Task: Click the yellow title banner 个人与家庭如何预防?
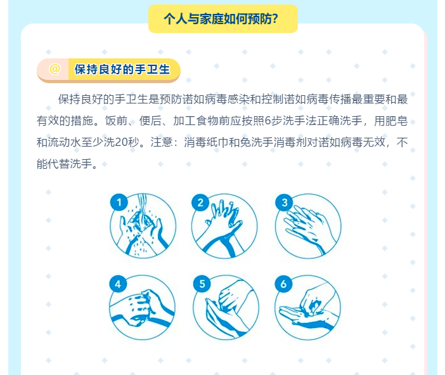223,19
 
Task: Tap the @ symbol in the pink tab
55,69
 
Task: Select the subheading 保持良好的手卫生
122,69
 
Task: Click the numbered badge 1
119,202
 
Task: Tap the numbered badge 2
200,202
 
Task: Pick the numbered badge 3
284,202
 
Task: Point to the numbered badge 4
118,284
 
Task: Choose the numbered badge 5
202,284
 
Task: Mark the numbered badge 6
283,284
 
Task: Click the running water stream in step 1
142,210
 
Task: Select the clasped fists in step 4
142,307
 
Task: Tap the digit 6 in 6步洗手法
268,121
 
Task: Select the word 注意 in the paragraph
162,142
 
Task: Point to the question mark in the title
274,19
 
